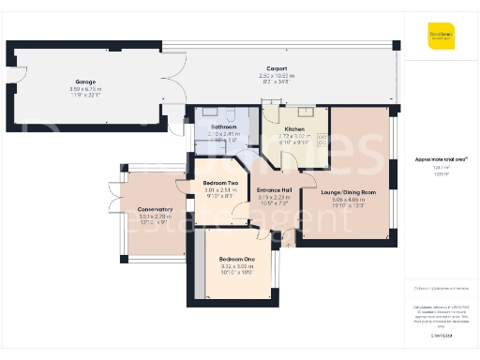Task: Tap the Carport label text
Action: [x=276, y=68]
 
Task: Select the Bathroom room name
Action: [x=223, y=127]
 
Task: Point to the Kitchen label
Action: [x=295, y=127]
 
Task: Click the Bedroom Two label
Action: [x=222, y=182]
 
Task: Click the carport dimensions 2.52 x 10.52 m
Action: [x=276, y=76]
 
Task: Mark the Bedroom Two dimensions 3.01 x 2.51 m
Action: [x=222, y=189]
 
